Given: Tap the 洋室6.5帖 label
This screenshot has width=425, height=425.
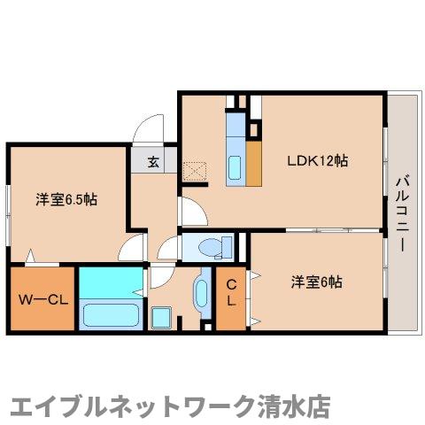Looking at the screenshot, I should [x=66, y=198].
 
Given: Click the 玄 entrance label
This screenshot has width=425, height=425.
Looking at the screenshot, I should [x=152, y=162].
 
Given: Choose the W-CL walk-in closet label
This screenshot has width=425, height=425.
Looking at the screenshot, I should [x=42, y=298].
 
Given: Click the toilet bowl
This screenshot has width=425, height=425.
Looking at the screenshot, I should [x=210, y=245].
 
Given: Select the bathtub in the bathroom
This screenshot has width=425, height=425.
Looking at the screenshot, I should [x=110, y=315].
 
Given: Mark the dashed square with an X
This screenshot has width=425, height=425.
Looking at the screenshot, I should [x=193, y=171].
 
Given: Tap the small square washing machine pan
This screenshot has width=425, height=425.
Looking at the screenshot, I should [x=161, y=316].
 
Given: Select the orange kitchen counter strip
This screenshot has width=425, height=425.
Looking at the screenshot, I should [x=254, y=165].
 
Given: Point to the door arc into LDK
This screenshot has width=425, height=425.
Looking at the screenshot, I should [x=188, y=210].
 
